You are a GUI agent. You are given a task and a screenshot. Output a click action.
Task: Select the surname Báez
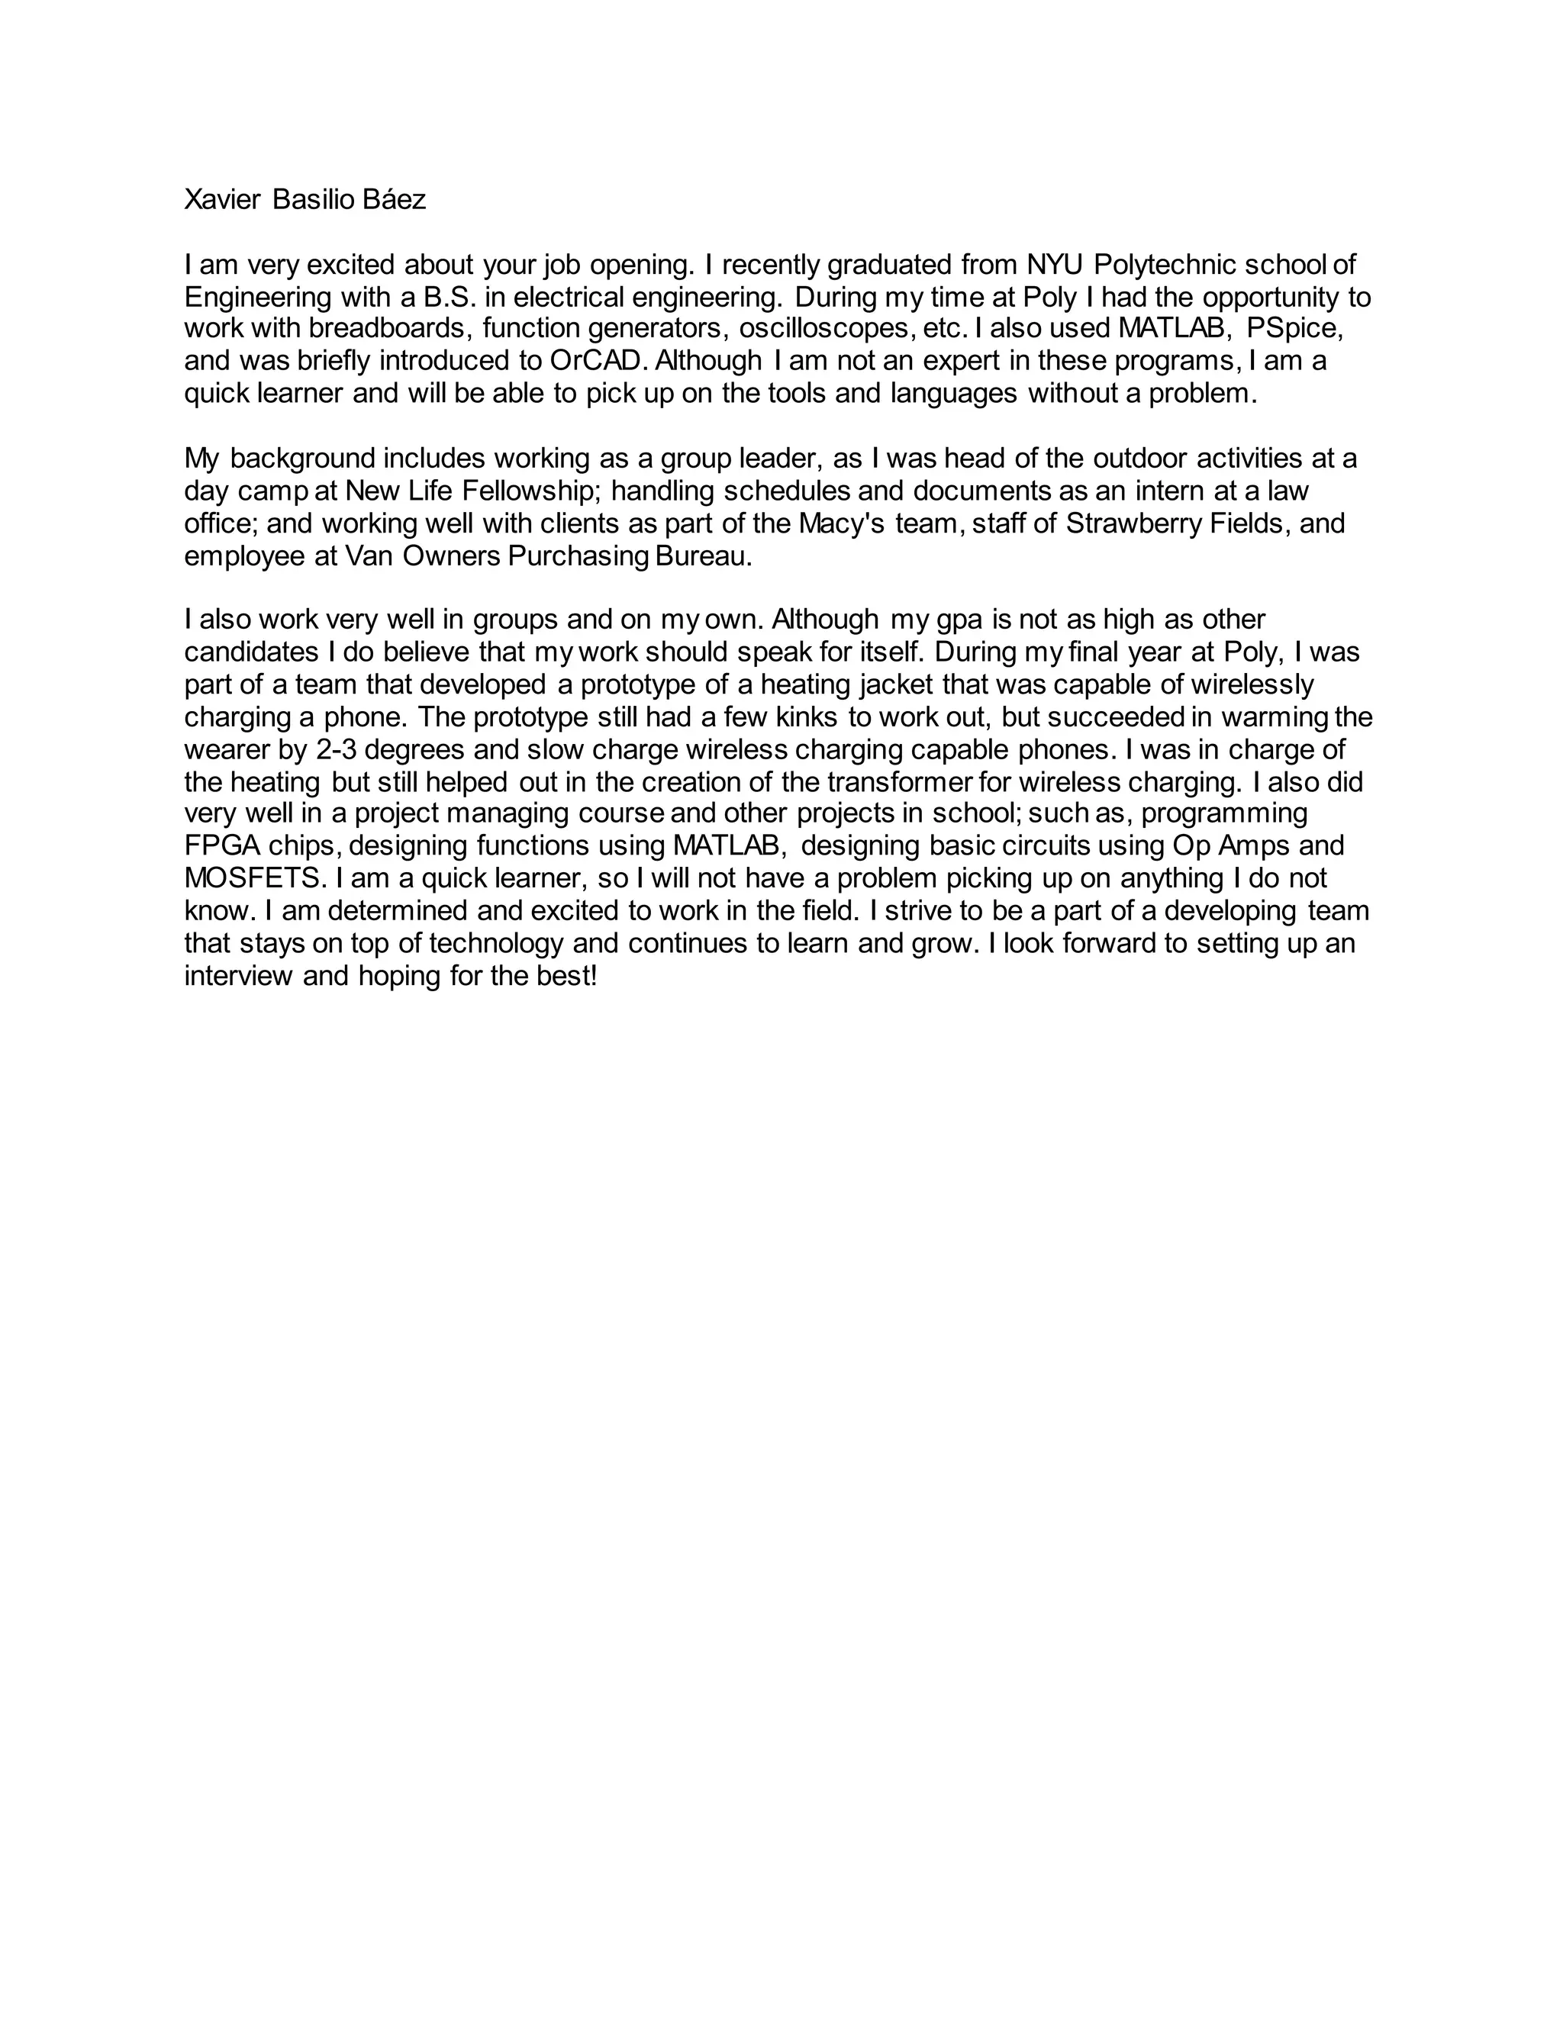click(395, 200)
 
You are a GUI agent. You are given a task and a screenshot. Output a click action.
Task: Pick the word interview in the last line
click(238, 976)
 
